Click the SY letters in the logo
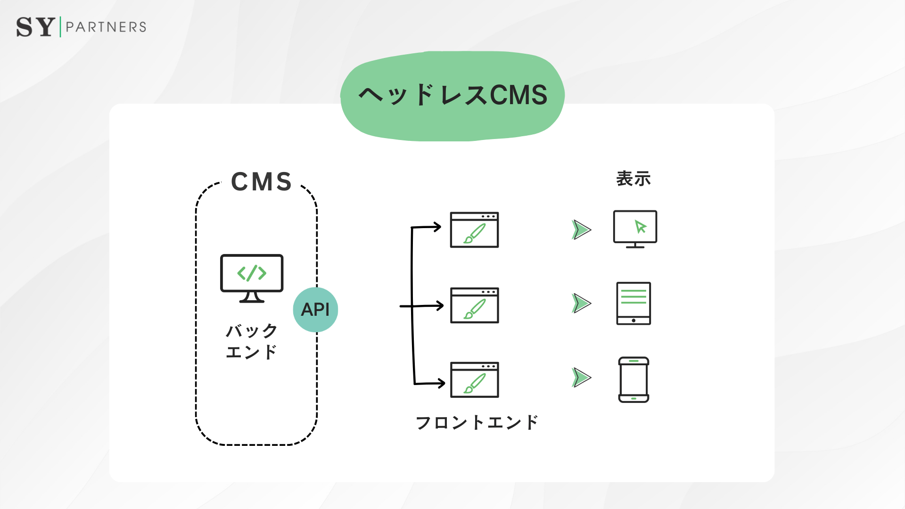[x=35, y=27]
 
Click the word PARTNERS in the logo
[x=106, y=27]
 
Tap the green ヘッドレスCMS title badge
[x=452, y=96]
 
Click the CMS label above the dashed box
[x=262, y=182]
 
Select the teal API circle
[x=315, y=310]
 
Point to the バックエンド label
[x=251, y=341]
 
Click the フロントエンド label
[x=477, y=422]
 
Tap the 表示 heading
[x=633, y=179]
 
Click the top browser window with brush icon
[x=474, y=230]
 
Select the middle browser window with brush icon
[x=474, y=305]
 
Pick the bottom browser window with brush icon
[x=474, y=380]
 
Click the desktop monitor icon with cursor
[x=635, y=229]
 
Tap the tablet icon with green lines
[x=633, y=304]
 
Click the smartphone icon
[x=633, y=380]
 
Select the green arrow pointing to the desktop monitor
[x=581, y=230]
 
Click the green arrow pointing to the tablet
[x=581, y=304]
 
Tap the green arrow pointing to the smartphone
[x=581, y=378]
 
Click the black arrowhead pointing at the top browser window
[x=437, y=227]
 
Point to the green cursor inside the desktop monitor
[x=640, y=227]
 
